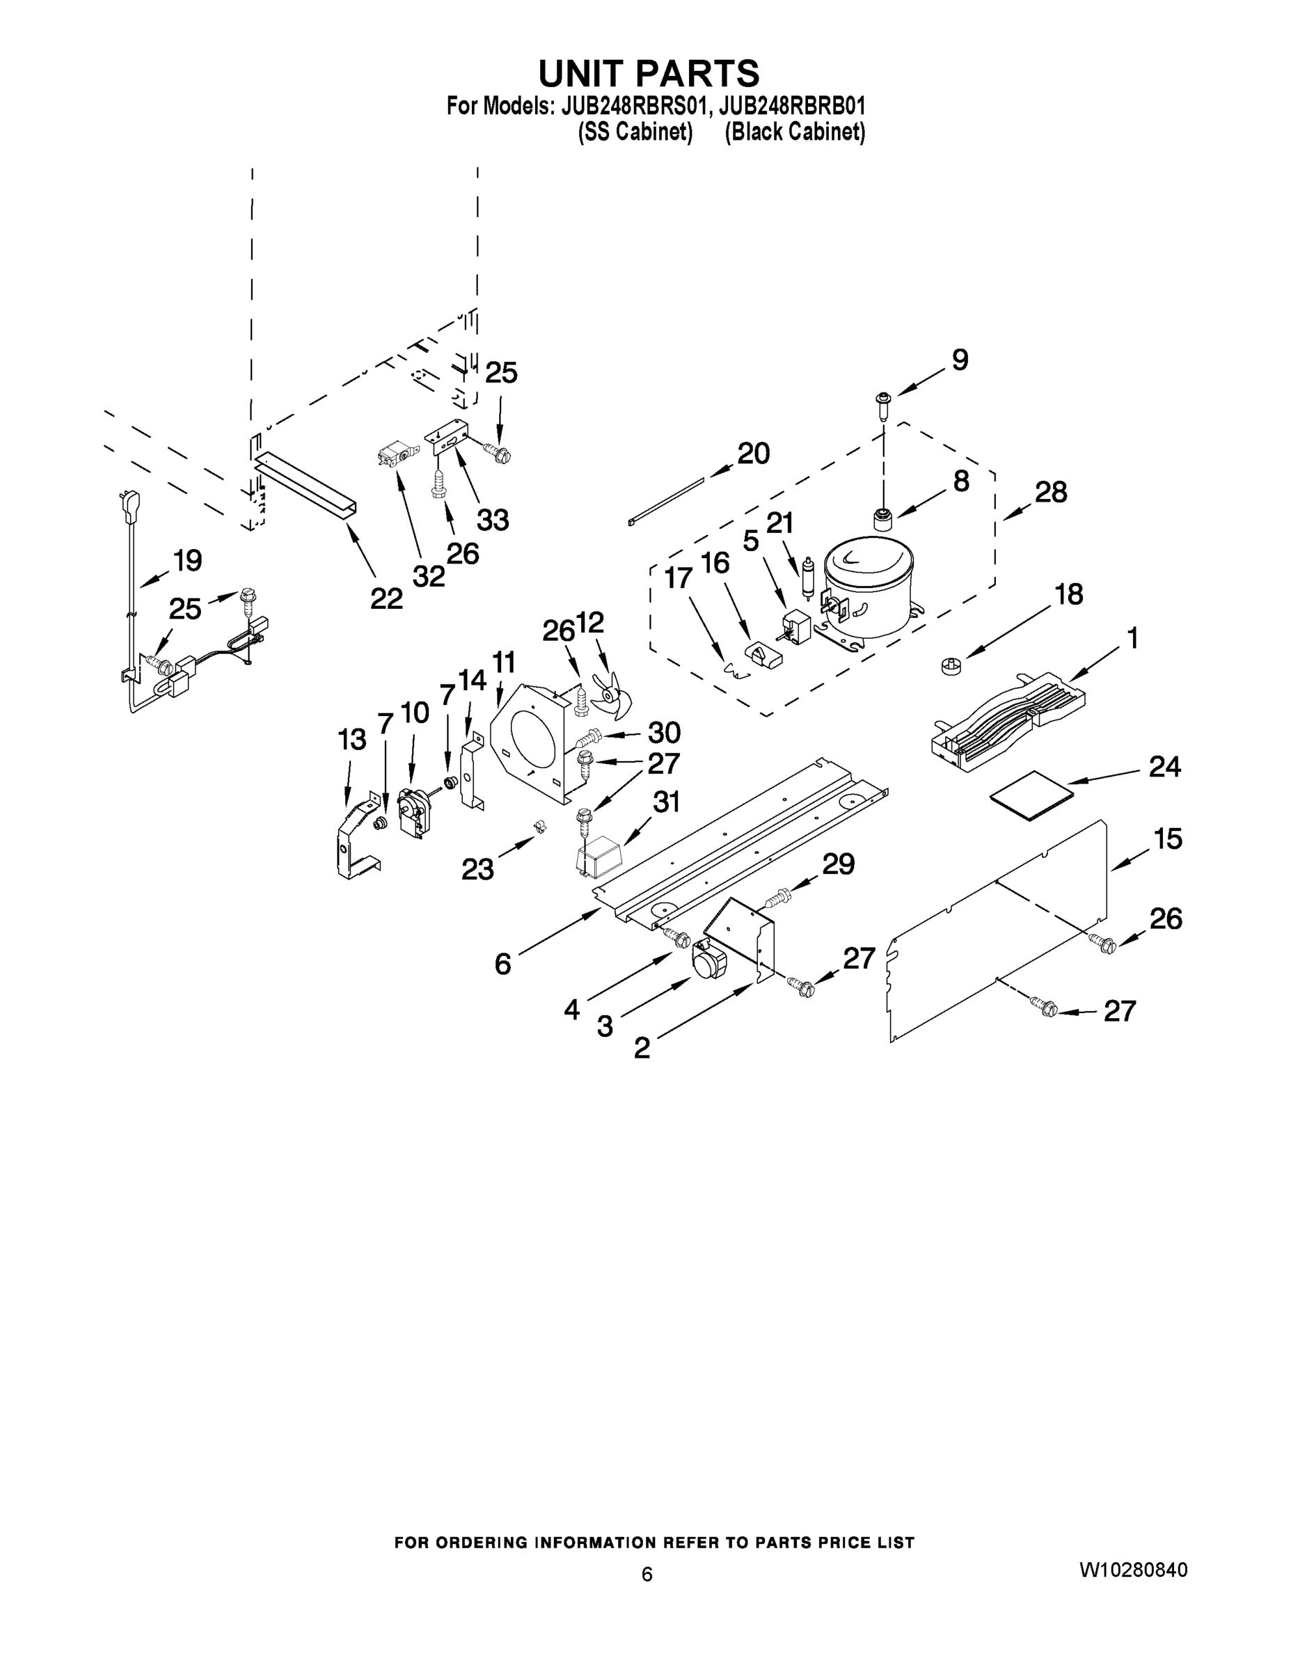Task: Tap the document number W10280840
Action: (x=1133, y=1570)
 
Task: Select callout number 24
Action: (x=1164, y=766)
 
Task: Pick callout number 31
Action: (x=666, y=802)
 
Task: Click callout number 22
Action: (x=386, y=598)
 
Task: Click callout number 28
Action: (x=1051, y=492)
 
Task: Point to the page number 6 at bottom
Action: (x=647, y=1574)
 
